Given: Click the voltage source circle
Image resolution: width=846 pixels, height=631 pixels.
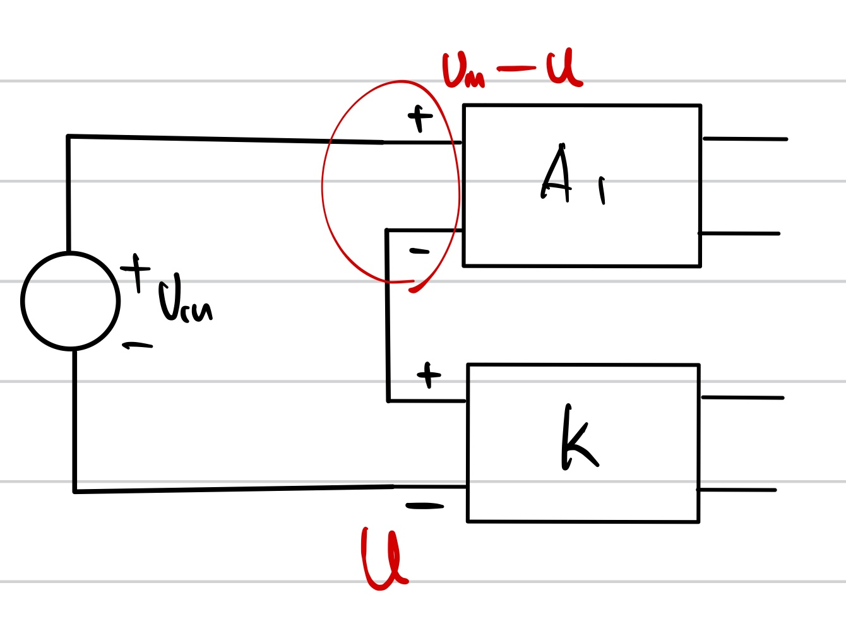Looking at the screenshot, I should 70,301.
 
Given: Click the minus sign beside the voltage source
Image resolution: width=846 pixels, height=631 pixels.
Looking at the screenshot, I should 138,345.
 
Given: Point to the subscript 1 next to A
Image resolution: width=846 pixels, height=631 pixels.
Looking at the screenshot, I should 602,190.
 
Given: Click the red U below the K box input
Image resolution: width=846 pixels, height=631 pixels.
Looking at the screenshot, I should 384,558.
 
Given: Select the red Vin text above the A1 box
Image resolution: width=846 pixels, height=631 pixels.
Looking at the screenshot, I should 463,70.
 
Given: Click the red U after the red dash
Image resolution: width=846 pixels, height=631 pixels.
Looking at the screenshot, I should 564,68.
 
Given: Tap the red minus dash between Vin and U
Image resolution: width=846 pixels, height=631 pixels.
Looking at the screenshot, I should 516,68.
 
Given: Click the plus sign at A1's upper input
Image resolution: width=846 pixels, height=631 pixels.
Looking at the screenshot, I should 420,117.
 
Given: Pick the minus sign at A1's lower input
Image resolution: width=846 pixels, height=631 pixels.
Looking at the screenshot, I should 419,252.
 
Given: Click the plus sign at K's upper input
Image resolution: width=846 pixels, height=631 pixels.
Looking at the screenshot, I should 429,375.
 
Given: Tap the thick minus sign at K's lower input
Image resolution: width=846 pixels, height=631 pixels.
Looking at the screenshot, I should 424,506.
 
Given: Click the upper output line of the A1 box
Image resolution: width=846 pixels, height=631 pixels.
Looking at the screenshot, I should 745,139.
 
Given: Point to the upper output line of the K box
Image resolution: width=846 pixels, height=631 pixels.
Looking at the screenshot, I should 742,398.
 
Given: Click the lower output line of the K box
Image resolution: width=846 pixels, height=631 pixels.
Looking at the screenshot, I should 736,490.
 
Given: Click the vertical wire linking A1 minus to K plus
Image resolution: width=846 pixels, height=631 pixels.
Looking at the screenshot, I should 388,315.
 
